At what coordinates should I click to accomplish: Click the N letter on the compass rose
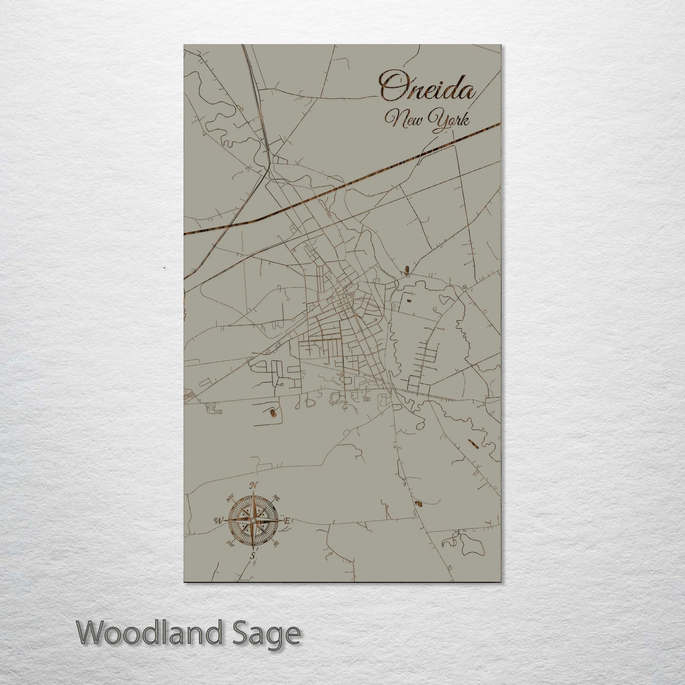tap(254, 485)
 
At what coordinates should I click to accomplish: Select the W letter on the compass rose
tap(218, 521)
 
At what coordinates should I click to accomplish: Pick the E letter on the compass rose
tap(287, 521)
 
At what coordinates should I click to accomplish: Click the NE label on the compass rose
tap(277, 498)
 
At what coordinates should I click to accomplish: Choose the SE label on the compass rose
tap(276, 543)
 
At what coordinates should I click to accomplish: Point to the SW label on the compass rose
tap(230, 543)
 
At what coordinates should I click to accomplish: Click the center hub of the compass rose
tap(253, 521)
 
